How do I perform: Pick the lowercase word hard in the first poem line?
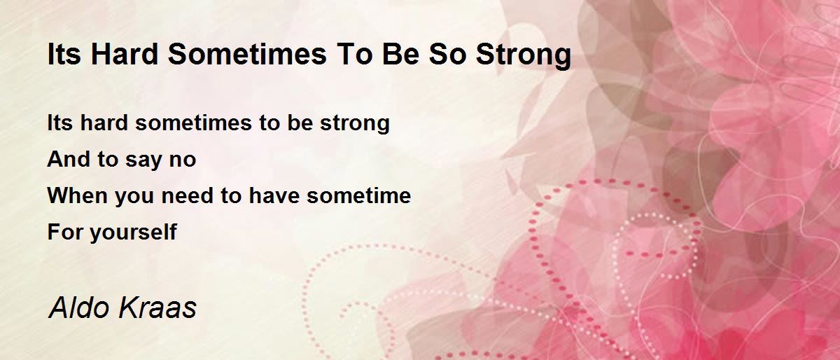point(104,123)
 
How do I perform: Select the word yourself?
point(133,233)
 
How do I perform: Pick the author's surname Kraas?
point(160,307)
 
